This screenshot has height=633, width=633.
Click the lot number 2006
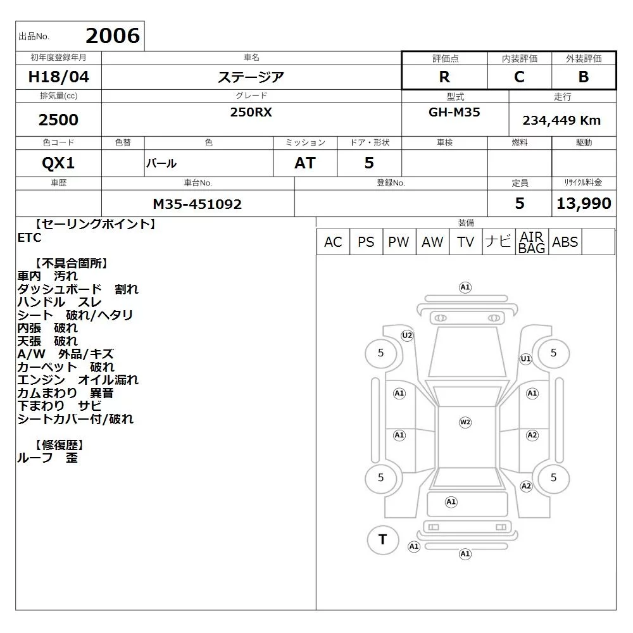point(113,36)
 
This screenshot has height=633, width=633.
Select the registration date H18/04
point(58,77)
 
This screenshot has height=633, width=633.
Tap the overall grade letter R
point(444,77)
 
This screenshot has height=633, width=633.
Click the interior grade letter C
point(520,77)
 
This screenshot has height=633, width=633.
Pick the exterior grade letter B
point(584,77)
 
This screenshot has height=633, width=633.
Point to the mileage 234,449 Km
point(561,120)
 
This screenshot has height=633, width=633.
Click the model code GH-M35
point(454,112)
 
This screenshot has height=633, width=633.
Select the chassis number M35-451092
point(197,204)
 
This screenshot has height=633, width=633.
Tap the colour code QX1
point(58,163)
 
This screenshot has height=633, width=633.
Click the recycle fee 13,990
point(584,203)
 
